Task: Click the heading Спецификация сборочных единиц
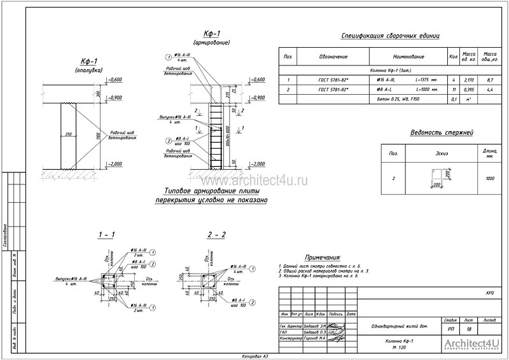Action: tap(390, 36)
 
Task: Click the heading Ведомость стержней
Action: tap(442, 133)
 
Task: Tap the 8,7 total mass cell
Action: tap(490, 81)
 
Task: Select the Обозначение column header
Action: tap(333, 57)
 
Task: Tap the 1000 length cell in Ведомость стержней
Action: tap(489, 179)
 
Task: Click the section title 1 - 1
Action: tap(106, 235)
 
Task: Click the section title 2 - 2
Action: tap(216, 235)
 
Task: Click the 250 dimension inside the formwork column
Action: tap(67, 134)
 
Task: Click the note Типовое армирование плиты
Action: tap(212, 191)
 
